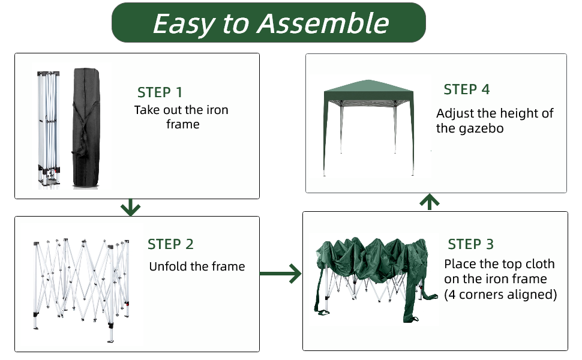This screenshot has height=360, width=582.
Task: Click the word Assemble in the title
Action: [323, 23]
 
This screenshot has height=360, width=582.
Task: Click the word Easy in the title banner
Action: [182, 23]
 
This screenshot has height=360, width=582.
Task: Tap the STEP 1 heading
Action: [160, 92]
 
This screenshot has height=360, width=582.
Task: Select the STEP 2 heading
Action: [170, 244]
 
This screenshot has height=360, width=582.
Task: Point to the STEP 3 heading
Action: [470, 244]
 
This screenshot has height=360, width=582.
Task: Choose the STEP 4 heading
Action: [466, 89]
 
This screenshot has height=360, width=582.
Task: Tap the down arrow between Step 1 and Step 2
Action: [130, 208]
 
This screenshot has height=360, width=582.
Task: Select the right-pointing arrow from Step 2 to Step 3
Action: [281, 274]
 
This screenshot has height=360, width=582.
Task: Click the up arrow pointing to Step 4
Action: [429, 202]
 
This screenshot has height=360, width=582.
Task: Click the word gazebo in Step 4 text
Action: [479, 128]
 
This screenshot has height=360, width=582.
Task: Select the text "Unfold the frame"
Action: [197, 267]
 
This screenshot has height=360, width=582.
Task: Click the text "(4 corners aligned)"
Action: [500, 295]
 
